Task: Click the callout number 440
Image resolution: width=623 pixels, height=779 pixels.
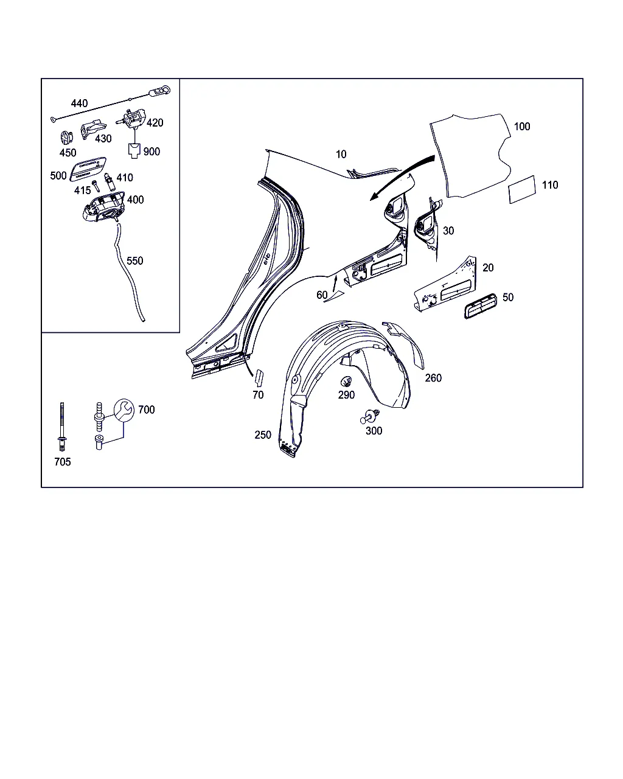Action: pos(79,103)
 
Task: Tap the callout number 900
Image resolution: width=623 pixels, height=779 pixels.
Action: pos(151,152)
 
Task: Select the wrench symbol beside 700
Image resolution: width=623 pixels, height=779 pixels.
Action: pos(124,410)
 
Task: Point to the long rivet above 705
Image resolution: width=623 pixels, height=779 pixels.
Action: pos(62,427)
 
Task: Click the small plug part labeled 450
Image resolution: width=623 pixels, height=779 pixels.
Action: pos(66,138)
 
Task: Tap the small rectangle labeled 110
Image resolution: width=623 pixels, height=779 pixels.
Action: pos(522,190)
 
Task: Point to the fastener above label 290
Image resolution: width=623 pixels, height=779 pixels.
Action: pos(346,381)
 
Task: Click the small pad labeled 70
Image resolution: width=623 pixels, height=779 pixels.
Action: pos(260,378)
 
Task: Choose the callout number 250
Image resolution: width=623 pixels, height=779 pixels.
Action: pos(263,435)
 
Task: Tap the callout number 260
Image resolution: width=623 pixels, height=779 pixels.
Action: pos(433,378)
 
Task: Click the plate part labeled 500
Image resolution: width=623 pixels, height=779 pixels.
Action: pos(88,169)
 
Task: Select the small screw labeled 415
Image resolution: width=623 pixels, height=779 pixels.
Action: pos(96,186)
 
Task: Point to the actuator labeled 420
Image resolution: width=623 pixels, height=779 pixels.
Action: pos(131,118)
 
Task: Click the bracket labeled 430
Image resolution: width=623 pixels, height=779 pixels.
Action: pos(93,129)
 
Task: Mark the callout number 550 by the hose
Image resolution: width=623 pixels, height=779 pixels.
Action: pos(135,261)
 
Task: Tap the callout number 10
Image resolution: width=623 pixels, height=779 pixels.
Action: pos(341,155)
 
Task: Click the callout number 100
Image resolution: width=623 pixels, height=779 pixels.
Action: pos(522,127)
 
